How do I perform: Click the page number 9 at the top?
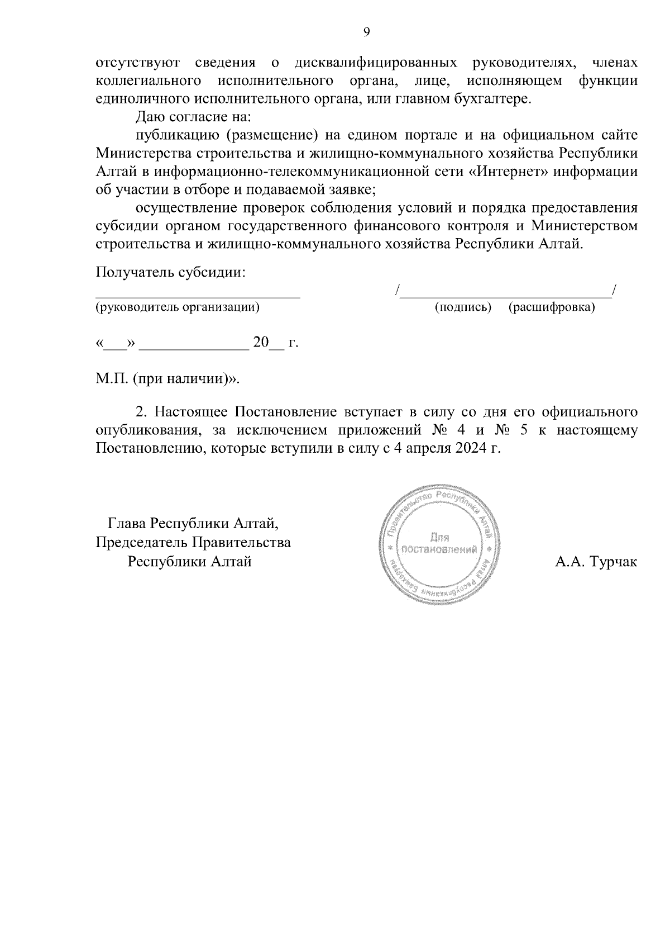(367, 32)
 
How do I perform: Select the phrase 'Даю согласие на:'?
(194, 117)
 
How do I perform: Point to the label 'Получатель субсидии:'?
(171, 273)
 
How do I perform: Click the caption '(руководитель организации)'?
(178, 307)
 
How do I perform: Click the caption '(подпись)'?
(463, 307)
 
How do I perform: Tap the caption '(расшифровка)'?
(552, 307)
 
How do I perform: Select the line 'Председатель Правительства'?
(193, 543)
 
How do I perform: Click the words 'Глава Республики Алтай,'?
(193, 524)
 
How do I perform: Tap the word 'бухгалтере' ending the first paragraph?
(489, 99)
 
